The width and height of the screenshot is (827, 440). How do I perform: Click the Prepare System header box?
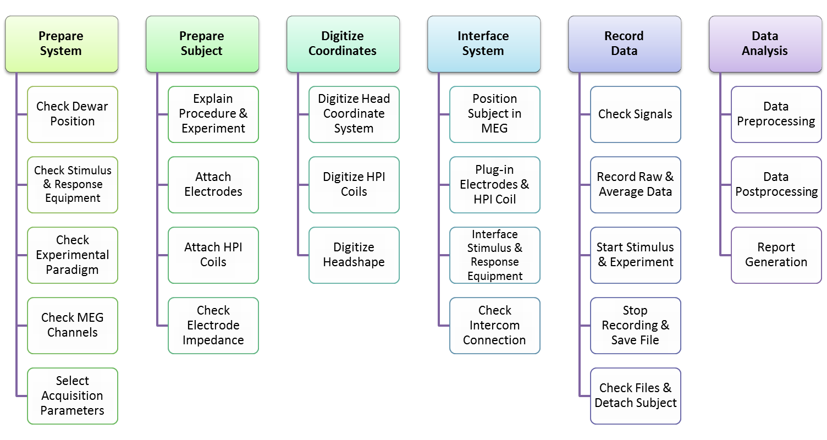tap(61, 44)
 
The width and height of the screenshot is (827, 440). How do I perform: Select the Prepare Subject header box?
tap(202, 44)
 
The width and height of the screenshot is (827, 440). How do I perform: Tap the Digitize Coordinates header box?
tap(343, 44)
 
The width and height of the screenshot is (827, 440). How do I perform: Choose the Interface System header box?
tap(483, 44)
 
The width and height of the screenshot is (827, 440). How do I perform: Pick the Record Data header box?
tap(624, 44)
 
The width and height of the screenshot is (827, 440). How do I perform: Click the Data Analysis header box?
tap(765, 44)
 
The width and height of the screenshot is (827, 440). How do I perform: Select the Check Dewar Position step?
tap(73, 114)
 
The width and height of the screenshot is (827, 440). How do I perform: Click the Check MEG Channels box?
tap(73, 325)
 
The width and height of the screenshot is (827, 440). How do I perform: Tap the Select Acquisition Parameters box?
tap(73, 395)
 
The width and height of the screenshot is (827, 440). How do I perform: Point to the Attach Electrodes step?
tap(213, 184)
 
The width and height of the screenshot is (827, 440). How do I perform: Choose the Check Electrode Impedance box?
tap(213, 325)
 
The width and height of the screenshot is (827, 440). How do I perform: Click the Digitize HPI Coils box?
tap(354, 184)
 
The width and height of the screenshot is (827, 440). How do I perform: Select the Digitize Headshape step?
tap(354, 255)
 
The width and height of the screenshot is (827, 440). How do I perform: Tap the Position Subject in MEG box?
tap(495, 114)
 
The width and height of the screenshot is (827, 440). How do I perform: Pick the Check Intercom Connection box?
tap(495, 325)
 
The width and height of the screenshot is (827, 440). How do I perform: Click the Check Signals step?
tap(636, 114)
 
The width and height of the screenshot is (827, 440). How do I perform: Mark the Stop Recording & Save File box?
tap(636, 325)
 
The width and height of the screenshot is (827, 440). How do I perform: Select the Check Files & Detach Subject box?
tap(636, 395)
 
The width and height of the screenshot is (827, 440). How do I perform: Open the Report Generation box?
tap(776, 255)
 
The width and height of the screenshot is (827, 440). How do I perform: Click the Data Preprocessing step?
tap(776, 114)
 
